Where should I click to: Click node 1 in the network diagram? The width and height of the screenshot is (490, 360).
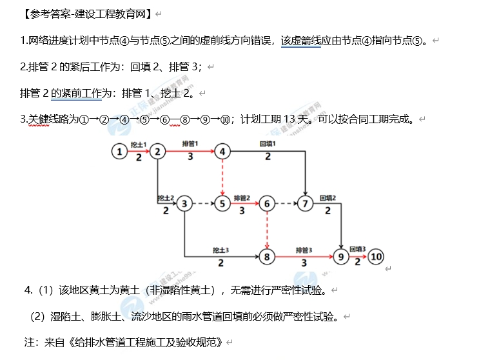119,152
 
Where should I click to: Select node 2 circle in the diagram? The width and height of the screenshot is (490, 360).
157,152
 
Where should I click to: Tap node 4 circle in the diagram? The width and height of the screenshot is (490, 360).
222,152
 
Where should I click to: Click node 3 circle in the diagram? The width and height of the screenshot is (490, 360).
184,205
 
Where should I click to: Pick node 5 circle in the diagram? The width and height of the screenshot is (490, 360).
222,205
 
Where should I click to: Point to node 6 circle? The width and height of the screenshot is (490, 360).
266,205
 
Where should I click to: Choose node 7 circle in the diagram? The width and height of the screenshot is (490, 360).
304,205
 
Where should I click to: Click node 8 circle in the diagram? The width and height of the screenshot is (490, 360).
266,257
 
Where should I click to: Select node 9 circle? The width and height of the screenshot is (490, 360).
341,257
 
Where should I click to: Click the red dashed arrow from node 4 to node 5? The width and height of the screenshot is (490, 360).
222,177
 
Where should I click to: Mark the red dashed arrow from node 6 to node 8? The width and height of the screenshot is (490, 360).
266,231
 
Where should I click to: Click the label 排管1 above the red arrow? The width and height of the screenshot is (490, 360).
190,143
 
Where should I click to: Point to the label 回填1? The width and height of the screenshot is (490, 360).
268,143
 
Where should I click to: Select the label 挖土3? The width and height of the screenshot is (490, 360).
221,250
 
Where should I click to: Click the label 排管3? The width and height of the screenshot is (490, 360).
304,250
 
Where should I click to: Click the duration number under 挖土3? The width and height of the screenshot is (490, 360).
220,263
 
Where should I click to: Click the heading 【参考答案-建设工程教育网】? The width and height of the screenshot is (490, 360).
86,12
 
